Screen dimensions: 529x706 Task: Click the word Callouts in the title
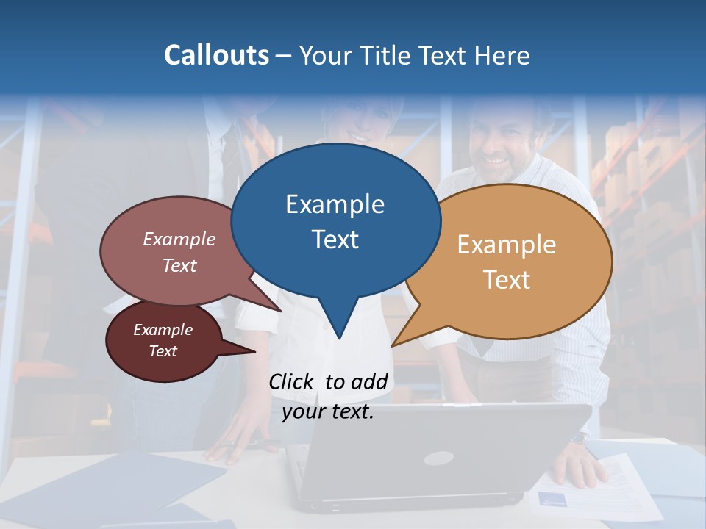point(216,55)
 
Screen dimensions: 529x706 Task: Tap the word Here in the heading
point(500,55)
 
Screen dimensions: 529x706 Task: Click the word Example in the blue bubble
point(335,204)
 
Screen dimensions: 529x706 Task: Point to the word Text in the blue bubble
point(335,240)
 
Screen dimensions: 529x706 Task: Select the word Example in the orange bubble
point(507,245)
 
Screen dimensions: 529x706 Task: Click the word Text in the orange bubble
point(507,280)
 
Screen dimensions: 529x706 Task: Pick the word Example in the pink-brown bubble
point(179,239)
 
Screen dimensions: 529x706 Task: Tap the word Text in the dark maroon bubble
point(163,351)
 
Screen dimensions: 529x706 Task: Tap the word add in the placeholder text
point(369,381)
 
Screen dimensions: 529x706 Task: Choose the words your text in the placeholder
point(327,411)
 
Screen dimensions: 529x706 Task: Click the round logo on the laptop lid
point(438,458)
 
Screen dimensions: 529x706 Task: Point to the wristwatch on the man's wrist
point(580,439)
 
